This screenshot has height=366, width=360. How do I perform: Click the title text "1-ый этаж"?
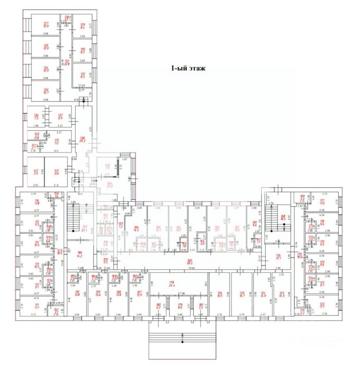click(188, 69)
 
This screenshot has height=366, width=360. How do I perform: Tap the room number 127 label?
click(45, 22)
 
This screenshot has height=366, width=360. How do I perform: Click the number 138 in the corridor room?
click(82, 138)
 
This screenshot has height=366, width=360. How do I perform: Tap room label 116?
click(37, 201)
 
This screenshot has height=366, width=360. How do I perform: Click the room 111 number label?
click(37, 305)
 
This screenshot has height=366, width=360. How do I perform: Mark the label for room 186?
click(79, 253)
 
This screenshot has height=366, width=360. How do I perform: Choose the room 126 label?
click(220, 294)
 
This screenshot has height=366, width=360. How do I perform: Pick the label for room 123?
click(282, 294)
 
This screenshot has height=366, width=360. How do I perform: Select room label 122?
click(322, 303)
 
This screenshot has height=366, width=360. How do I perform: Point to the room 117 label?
click(322, 202)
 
